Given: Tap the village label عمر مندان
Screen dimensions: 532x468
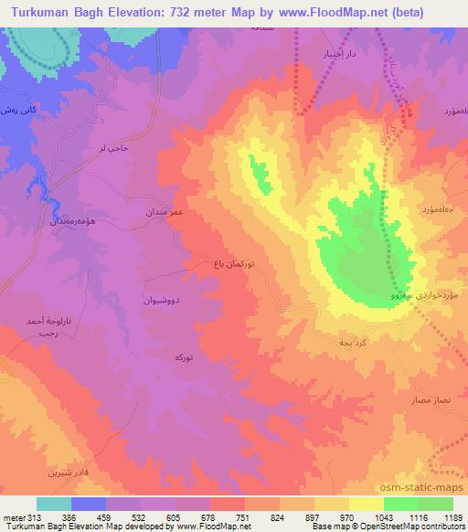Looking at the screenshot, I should coord(165,211).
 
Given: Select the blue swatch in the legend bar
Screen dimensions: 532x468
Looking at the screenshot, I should coord(89,503).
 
